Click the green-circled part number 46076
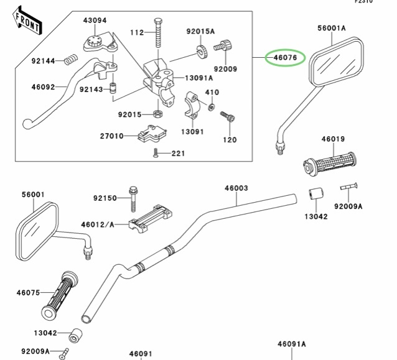(x=284, y=58)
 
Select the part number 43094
(x=95, y=21)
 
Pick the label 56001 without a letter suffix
(x=34, y=195)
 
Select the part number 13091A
(x=198, y=78)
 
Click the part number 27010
(x=111, y=136)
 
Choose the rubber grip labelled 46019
(x=334, y=164)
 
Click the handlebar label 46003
(x=236, y=187)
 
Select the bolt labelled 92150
(x=133, y=198)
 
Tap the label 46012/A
(x=98, y=223)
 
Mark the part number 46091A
(x=291, y=344)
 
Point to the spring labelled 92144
(x=72, y=60)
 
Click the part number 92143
(x=90, y=89)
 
